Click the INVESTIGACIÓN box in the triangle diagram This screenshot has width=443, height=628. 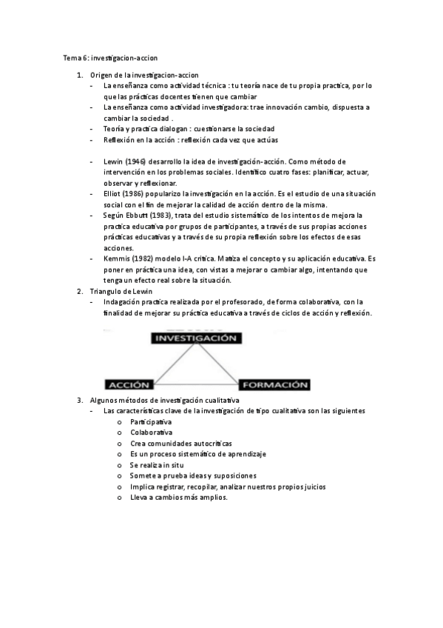195,338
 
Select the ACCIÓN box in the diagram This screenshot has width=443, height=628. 130,385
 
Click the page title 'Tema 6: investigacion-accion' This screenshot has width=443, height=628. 110,57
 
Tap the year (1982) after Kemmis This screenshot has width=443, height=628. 148,258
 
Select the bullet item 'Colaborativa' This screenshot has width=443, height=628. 151,432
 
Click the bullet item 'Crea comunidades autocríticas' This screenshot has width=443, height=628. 176,443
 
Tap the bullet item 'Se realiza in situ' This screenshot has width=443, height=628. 160,464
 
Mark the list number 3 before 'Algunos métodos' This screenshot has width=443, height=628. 80,400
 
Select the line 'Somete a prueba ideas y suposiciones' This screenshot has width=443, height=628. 193,475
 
